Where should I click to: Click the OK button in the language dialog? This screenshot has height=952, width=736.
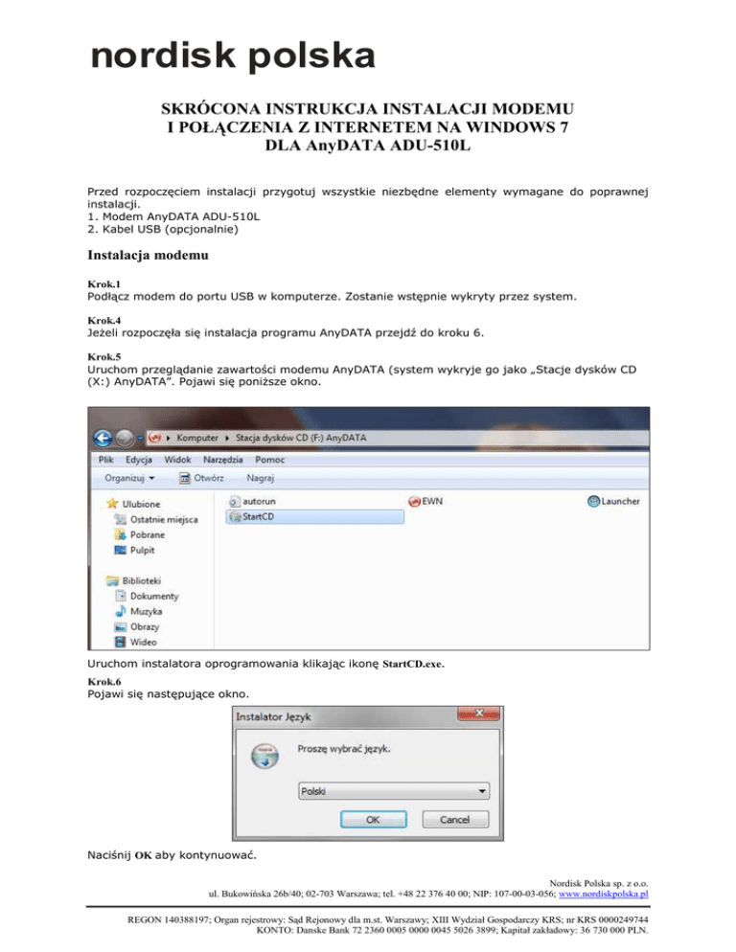373,820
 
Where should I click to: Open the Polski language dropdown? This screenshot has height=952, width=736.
392,792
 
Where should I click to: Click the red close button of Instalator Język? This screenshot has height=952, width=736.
492,714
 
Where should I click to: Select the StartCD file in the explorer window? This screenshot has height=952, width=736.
248,517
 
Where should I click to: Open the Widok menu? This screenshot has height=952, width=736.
177,461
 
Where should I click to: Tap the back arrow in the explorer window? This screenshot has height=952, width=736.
103,438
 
